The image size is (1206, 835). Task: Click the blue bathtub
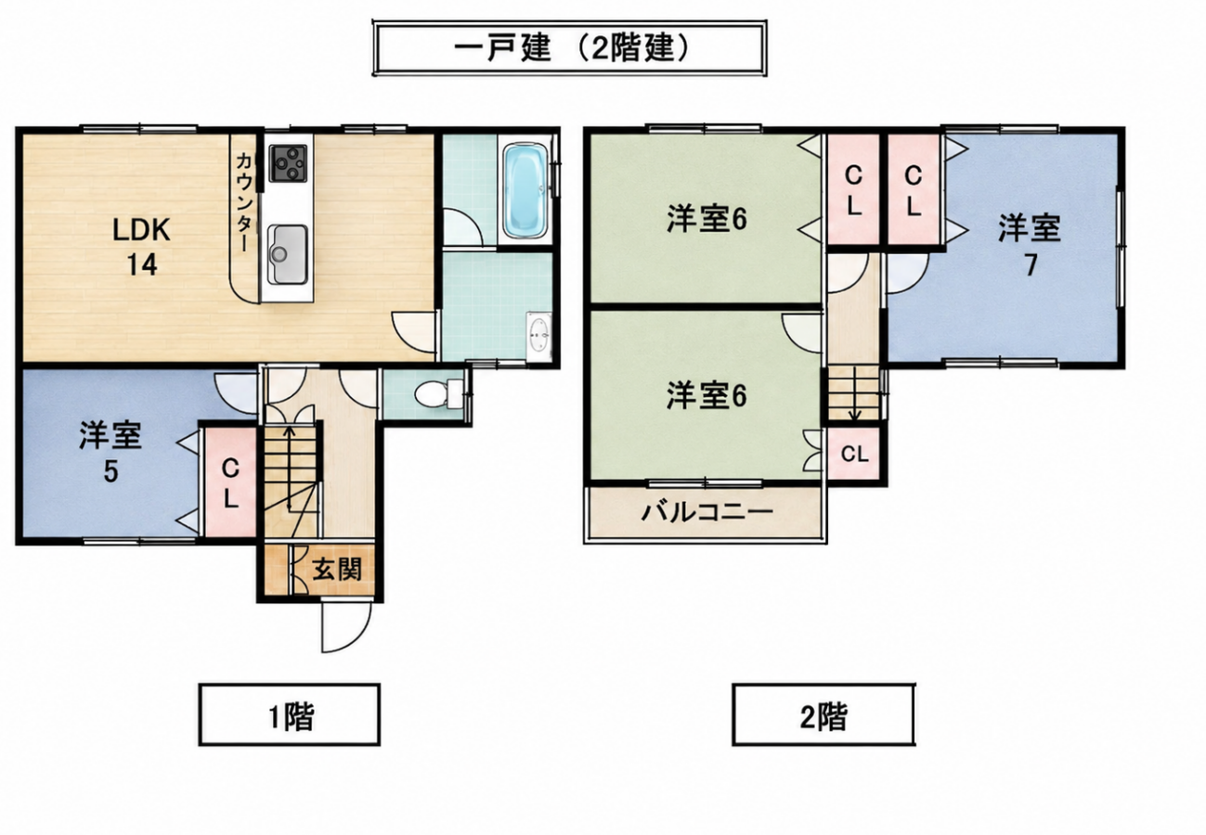tap(526, 190)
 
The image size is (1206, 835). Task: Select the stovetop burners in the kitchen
tap(290, 163)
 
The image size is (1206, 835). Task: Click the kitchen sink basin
tap(289, 254)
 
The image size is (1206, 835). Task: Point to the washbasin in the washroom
tap(538, 336)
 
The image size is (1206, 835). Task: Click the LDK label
tap(142, 230)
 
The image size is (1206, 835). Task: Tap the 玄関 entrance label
tap(337, 570)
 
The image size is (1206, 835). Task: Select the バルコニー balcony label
tap(707, 512)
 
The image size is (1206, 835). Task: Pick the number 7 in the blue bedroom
tap(1031, 264)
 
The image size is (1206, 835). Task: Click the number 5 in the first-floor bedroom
tap(110, 471)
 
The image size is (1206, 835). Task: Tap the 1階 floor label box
tap(290, 714)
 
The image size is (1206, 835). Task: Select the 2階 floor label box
tap(823, 714)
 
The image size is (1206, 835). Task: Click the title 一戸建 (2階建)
tap(570, 48)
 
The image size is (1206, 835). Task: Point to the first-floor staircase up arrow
tap(290, 467)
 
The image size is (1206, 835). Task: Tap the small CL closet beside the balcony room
tap(855, 454)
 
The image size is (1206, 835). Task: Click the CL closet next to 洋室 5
tap(230, 482)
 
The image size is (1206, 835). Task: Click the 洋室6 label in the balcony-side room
tap(707, 395)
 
